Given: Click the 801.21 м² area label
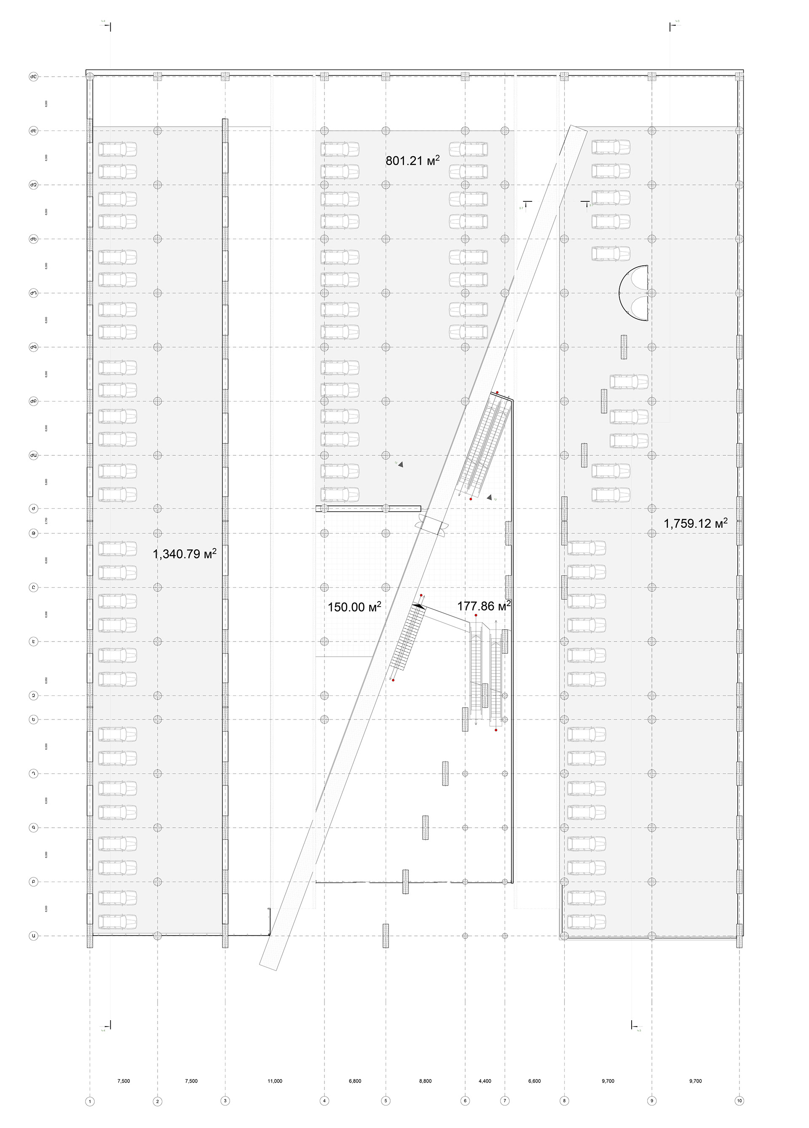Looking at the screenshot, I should point(413,160).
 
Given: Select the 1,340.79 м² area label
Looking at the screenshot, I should point(184,554).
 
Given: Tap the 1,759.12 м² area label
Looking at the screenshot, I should point(695,524).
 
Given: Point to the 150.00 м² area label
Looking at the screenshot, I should point(354,607).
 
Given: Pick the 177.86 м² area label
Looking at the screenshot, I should point(484,606).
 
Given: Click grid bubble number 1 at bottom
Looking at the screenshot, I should point(90,1101).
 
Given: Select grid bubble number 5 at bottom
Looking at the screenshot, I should point(386,1101).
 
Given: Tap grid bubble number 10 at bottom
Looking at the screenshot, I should point(739,1101).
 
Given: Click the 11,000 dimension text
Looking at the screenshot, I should point(275,1081).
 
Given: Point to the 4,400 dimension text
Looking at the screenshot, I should point(485,1081).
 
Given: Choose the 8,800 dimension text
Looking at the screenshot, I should point(426,1081).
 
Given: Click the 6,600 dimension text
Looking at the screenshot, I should point(534,1081).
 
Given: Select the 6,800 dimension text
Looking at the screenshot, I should point(355,1081).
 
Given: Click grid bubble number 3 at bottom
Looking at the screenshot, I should point(225,1101).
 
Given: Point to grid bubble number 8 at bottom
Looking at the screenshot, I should point(564,1101).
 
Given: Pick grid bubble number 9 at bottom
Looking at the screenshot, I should point(652,1101).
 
